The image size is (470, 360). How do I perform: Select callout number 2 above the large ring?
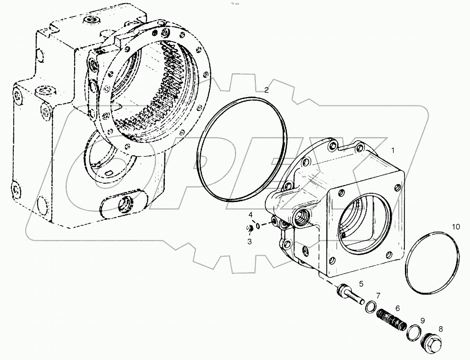click(x=266, y=90)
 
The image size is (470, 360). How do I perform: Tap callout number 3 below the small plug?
click(x=250, y=241)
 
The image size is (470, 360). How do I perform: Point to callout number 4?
click(x=250, y=214)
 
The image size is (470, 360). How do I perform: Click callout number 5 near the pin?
click(x=361, y=284)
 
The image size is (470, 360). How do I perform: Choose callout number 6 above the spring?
click(x=397, y=308)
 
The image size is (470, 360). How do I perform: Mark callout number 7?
click(x=378, y=295)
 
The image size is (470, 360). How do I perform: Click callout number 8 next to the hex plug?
click(x=440, y=328)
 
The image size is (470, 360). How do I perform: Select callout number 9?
click(x=422, y=320)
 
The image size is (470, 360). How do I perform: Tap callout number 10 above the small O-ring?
click(x=455, y=227)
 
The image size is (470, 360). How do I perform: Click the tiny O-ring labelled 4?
click(x=259, y=225)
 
